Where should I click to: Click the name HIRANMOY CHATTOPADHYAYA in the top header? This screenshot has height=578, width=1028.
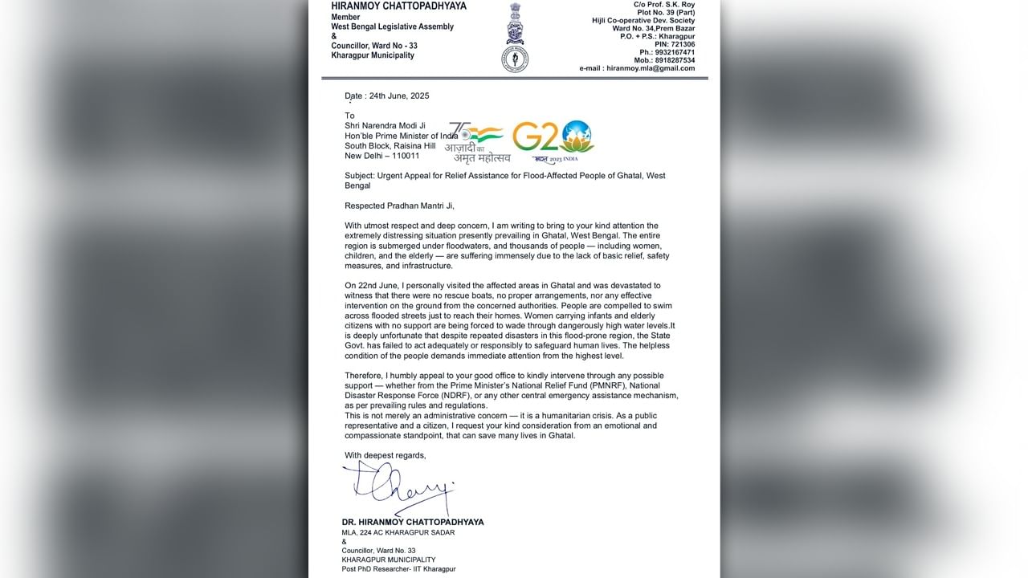point(398,6)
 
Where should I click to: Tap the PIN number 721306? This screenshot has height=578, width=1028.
point(679,44)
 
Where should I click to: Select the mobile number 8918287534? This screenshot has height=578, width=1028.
point(675,60)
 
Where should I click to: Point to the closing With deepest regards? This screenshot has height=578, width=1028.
point(385,455)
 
